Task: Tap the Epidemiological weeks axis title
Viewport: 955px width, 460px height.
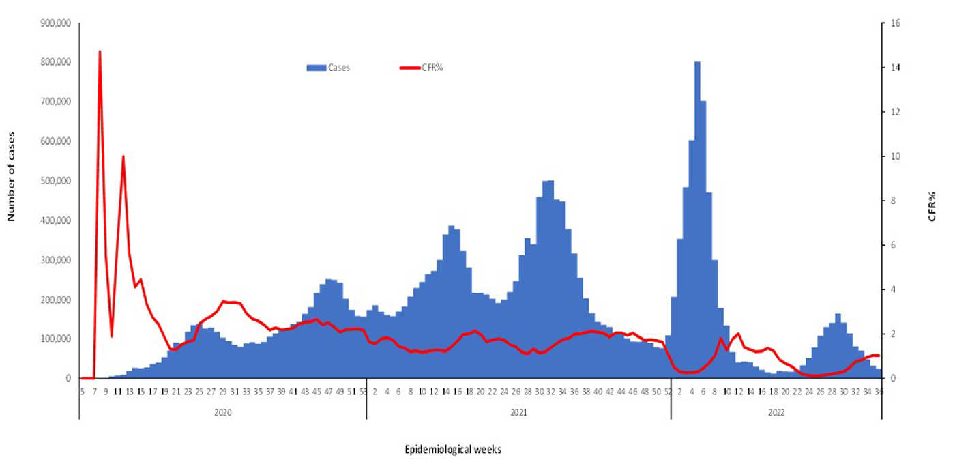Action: pyautogui.click(x=454, y=449)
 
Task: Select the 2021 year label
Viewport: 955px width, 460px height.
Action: pyautogui.click(x=518, y=413)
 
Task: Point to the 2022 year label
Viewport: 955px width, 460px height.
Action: pyautogui.click(x=776, y=413)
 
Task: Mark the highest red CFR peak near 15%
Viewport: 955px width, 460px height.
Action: pyautogui.click(x=100, y=51)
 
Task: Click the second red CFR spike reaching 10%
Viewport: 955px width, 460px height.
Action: pyautogui.click(x=123, y=156)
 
